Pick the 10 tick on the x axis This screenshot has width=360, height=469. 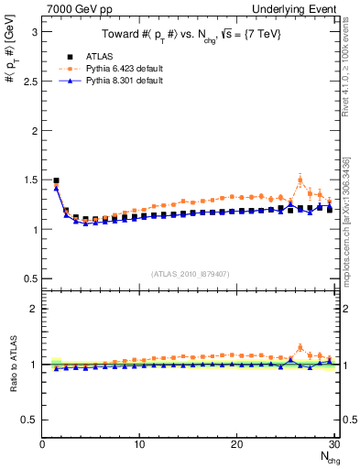139,444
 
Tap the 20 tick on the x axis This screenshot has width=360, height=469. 237,444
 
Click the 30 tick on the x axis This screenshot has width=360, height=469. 334,444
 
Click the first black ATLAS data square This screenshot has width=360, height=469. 56,181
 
